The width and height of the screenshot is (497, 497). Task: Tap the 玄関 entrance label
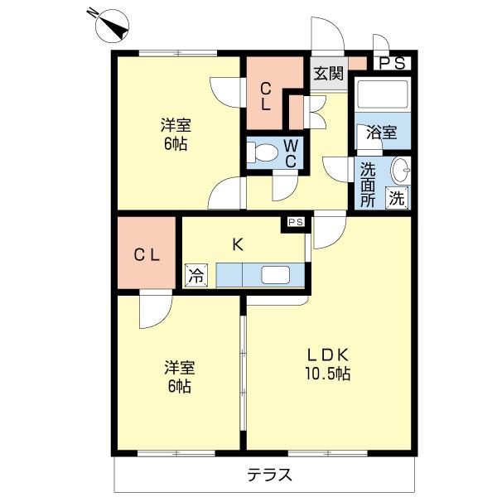click(327, 73)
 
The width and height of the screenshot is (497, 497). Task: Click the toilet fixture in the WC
click(265, 153)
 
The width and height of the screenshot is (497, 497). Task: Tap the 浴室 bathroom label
click(382, 132)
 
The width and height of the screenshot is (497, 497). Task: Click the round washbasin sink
click(399, 170)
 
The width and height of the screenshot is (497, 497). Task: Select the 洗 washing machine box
click(398, 198)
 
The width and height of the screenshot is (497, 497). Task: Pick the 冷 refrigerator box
click(195, 275)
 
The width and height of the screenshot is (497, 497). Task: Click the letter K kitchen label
click(238, 244)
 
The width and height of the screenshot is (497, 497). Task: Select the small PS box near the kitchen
click(296, 222)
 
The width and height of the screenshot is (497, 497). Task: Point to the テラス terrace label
click(270, 475)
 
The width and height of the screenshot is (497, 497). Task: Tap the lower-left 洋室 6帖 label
click(179, 376)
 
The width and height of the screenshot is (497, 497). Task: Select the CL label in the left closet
click(147, 255)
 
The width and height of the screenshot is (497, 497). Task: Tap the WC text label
click(291, 153)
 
